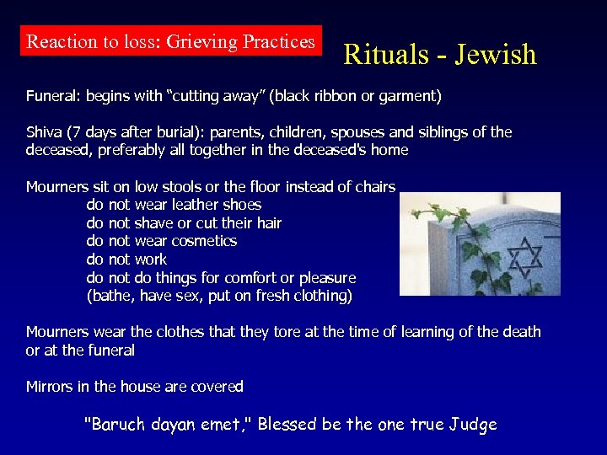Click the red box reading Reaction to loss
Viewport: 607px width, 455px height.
tap(170, 41)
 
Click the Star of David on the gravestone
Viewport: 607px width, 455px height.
tap(525, 253)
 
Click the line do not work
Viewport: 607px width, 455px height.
tap(126, 260)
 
